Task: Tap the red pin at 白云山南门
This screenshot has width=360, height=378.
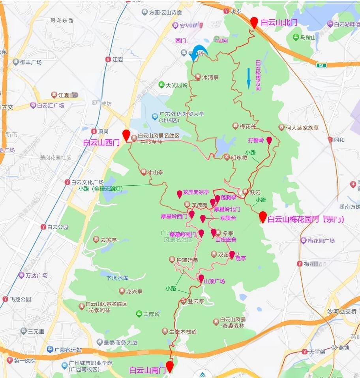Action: [170, 366]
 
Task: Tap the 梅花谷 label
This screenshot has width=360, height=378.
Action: [247, 126]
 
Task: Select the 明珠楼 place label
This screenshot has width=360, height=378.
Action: [239, 157]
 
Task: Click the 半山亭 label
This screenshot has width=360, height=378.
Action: [155, 172]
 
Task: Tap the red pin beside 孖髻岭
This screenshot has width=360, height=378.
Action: [269, 141]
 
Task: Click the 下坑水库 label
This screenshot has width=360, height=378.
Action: [117, 278]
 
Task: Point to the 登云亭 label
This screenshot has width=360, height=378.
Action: [195, 301]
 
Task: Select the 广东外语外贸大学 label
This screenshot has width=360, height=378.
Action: [182, 115]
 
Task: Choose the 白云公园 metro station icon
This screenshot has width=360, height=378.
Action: [43, 227]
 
